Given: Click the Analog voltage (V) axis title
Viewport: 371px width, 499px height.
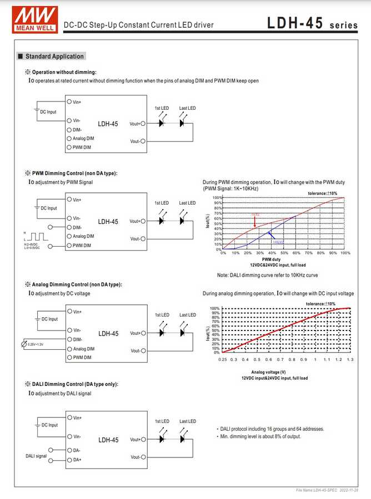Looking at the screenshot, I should click(x=268, y=372).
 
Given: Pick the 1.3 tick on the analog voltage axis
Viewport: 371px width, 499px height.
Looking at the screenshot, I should click(x=350, y=360).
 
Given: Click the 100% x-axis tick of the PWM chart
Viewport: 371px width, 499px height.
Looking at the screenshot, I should click(x=345, y=253).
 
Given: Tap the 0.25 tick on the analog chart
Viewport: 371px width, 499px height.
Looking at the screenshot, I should click(x=223, y=360).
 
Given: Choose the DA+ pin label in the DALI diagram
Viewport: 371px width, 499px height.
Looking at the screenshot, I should click(x=77, y=460).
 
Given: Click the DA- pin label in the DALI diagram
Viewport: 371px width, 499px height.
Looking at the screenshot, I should click(x=77, y=450).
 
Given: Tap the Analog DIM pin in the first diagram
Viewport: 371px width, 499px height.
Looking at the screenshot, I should click(x=83, y=138).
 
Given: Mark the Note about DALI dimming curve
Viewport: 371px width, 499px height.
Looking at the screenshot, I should click(x=267, y=275).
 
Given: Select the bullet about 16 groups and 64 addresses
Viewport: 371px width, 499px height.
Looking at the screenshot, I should click(x=270, y=429).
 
